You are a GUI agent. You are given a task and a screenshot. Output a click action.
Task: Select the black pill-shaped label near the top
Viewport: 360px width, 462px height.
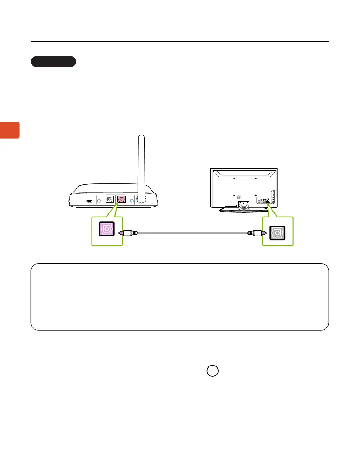coord(53,62)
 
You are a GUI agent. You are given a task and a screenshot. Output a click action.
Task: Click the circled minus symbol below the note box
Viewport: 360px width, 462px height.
coord(213,371)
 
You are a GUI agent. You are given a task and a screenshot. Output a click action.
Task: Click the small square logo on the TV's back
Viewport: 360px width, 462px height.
coord(238,197)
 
